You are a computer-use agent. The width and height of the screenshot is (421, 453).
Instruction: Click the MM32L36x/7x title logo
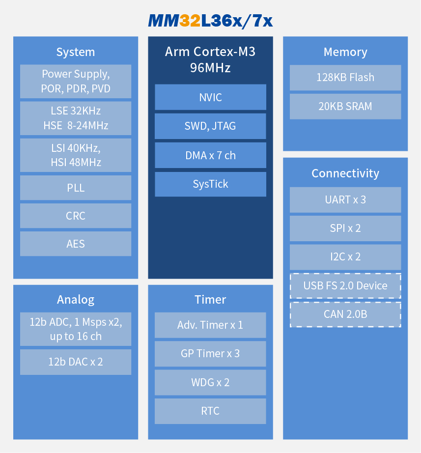tap(210, 21)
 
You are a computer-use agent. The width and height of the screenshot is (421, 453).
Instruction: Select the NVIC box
tap(210, 97)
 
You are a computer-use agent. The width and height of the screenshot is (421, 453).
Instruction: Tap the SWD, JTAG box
tap(210, 126)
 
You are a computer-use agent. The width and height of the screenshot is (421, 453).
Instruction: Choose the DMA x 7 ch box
tap(210, 155)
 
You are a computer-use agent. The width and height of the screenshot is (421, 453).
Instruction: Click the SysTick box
tap(210, 184)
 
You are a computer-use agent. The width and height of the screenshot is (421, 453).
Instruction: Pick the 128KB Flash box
tap(345, 78)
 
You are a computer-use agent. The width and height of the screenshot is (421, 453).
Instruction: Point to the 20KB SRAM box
tap(345, 106)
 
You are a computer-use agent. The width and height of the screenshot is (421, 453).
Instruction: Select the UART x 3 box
tap(345, 199)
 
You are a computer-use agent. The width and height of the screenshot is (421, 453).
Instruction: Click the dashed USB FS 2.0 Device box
tap(345, 286)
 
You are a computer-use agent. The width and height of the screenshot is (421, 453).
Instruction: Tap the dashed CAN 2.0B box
tap(345, 314)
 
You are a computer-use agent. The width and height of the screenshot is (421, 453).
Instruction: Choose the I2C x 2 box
tap(345, 257)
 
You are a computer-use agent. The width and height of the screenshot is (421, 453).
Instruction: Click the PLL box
tap(76, 188)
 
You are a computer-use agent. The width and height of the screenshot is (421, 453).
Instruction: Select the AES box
tap(76, 244)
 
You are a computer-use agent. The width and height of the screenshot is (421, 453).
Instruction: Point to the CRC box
tap(76, 216)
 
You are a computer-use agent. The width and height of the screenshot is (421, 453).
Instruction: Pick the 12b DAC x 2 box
tap(76, 362)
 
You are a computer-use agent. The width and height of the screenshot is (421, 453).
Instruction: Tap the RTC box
tap(210, 411)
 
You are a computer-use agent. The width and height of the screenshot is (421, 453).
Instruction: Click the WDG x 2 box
tap(210, 382)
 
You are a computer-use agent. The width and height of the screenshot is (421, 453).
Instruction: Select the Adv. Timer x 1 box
tap(210, 325)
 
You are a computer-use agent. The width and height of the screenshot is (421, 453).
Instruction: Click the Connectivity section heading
tap(345, 173)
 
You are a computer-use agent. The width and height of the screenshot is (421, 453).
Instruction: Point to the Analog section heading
tap(76, 300)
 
